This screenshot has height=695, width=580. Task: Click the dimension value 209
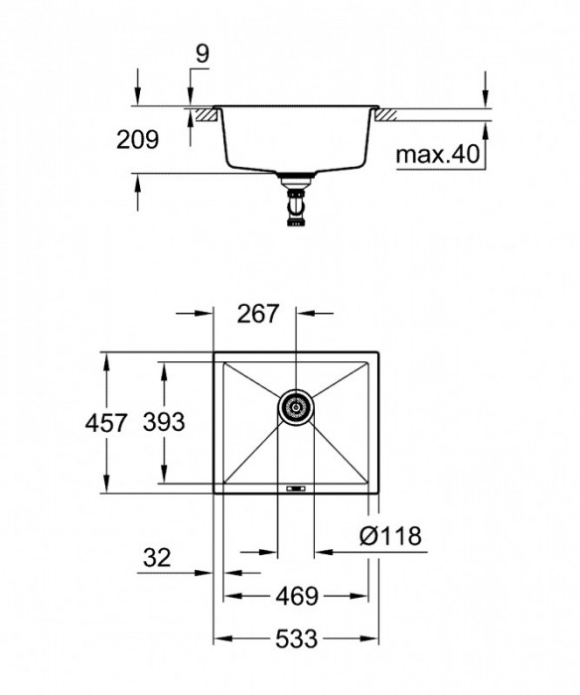[x=137, y=141]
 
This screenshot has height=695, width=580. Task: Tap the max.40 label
[x=437, y=155]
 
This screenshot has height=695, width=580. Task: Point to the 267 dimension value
[x=256, y=315]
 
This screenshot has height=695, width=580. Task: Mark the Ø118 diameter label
[x=389, y=537]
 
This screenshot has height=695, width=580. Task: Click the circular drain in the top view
[x=295, y=405]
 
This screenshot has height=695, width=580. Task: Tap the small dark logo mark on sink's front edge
[x=295, y=486]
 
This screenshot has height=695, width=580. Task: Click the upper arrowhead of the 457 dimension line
[x=104, y=356]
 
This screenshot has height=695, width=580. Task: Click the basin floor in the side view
[x=295, y=167]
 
